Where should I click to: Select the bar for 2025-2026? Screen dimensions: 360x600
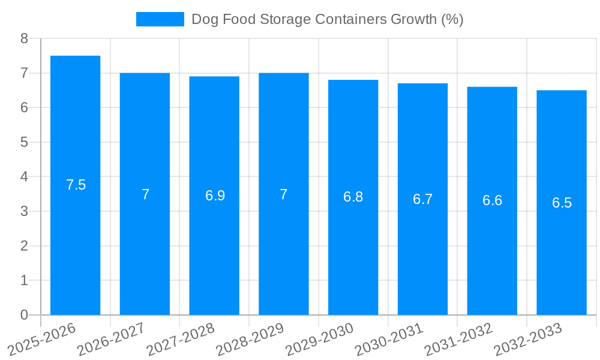pyautogui.click(x=75, y=240)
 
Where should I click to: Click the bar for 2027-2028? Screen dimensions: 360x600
pyautogui.click(x=214, y=252)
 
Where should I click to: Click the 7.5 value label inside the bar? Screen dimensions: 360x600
pyautogui.click(x=76, y=185)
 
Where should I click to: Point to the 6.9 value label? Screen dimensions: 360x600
pyautogui.click(x=215, y=196)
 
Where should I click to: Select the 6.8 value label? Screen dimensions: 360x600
pyautogui.click(x=353, y=197)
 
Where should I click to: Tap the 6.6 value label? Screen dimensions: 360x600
pyautogui.click(x=492, y=200)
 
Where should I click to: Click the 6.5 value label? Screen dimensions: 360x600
pyautogui.click(x=562, y=203)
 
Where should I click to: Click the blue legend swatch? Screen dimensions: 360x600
pyautogui.click(x=160, y=19)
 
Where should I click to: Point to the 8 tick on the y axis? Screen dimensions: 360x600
pyautogui.click(x=24, y=38)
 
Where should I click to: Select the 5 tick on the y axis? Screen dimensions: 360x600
pyautogui.click(x=24, y=142)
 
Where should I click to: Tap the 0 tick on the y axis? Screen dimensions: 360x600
pyautogui.click(x=24, y=315)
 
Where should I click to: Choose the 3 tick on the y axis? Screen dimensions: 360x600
pyautogui.click(x=24, y=211)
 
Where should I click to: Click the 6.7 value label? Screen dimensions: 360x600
pyautogui.click(x=422, y=199)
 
